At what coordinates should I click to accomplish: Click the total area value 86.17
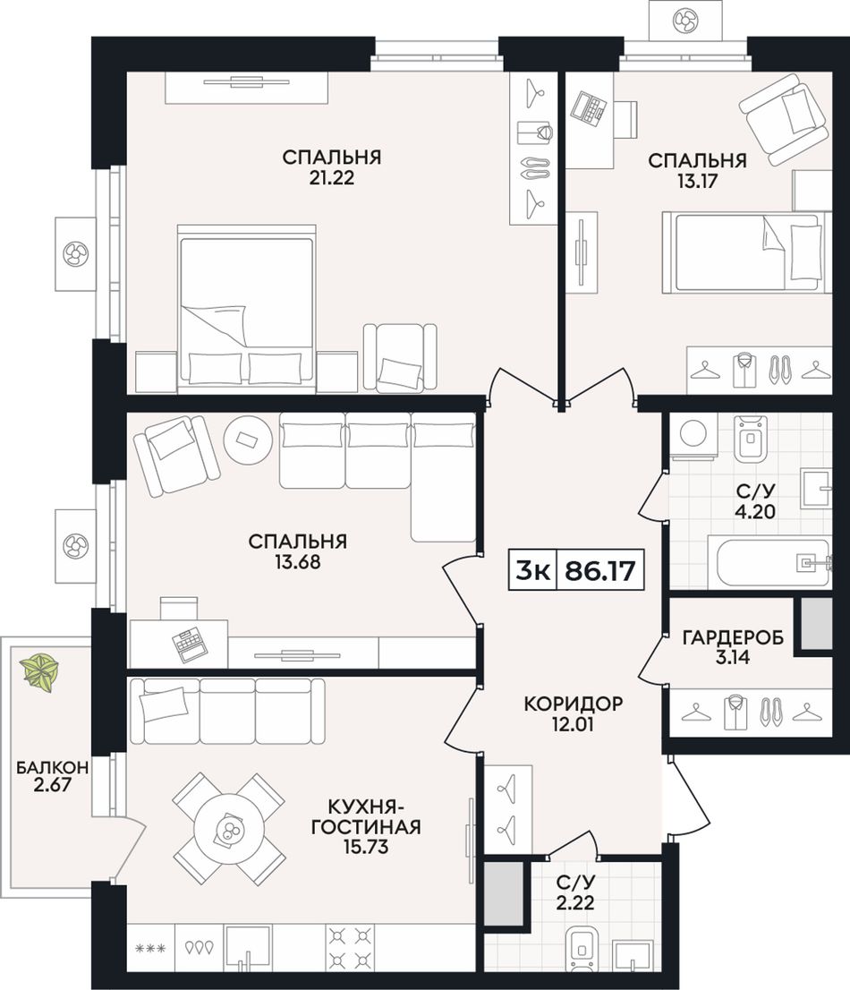pos(599,571)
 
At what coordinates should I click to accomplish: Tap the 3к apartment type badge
pos(532,571)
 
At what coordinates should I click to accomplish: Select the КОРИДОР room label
pos(574,704)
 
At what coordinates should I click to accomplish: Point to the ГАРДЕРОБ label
pos(733,637)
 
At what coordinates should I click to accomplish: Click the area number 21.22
pos(331,178)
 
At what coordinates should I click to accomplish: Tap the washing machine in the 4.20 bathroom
pos(694,436)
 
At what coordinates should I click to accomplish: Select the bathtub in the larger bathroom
pos(774,561)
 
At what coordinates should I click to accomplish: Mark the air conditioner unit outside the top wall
pos(684,21)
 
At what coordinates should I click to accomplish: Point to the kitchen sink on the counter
pos(248,948)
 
